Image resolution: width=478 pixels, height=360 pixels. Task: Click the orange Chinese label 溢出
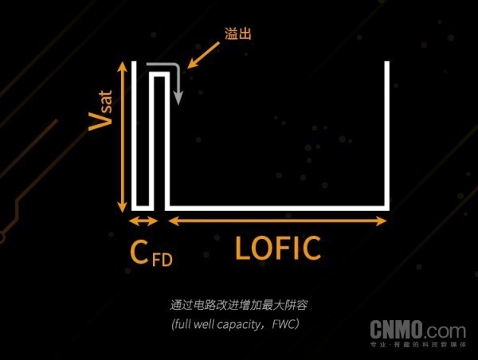coord(238,33)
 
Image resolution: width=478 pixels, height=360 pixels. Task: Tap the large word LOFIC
coord(278,248)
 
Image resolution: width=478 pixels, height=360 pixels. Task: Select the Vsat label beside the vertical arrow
coord(100,111)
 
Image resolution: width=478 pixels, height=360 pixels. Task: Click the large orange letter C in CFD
coord(139,252)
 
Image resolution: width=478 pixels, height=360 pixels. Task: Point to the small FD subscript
coord(163,260)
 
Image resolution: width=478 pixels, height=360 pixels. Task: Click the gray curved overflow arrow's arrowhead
coord(178,98)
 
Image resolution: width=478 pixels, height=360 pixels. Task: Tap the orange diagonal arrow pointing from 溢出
coord(203,55)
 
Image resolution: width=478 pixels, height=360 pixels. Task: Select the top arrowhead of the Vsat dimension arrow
coord(123,67)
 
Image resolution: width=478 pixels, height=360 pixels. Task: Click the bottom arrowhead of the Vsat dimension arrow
coord(123,206)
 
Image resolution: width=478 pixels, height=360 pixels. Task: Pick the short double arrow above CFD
coord(143,221)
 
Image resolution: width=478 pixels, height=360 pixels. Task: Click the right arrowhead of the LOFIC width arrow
coord(382,221)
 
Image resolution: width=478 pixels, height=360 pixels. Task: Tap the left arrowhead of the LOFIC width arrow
coord(174,221)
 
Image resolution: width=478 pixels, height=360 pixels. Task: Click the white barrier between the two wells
coord(159,74)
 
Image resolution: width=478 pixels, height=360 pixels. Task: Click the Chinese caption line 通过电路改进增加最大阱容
coord(239,305)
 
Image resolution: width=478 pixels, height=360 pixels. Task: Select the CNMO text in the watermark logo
coord(396,330)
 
